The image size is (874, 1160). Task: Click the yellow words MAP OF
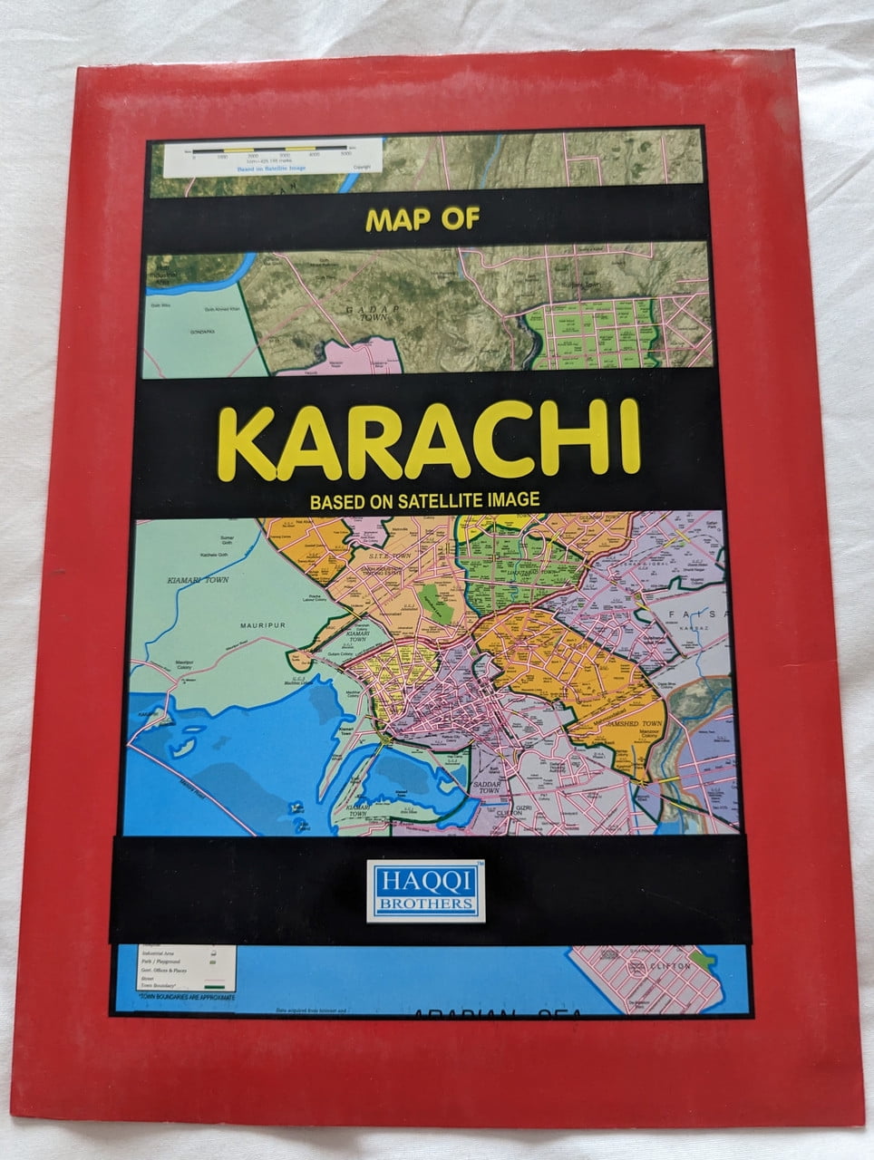pos(422,219)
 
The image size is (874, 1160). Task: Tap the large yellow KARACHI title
pos(429,441)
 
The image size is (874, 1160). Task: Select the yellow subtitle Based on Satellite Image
pos(424,499)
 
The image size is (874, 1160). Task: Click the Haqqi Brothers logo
pos(425,892)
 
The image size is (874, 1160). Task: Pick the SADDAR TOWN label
pos(487,790)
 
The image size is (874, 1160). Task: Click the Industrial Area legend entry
pos(160,953)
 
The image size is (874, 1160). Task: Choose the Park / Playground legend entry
pos(160,962)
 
